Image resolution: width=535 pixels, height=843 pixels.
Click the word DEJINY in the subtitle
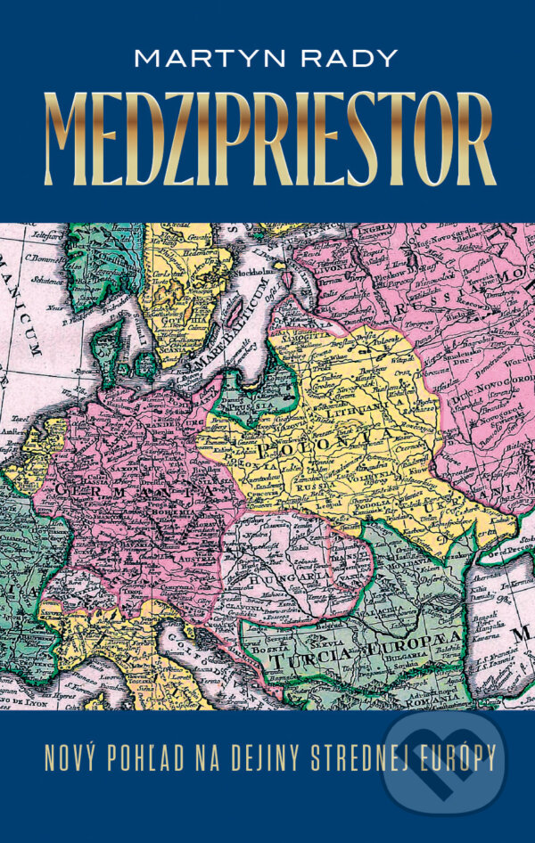click(x=265, y=765)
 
